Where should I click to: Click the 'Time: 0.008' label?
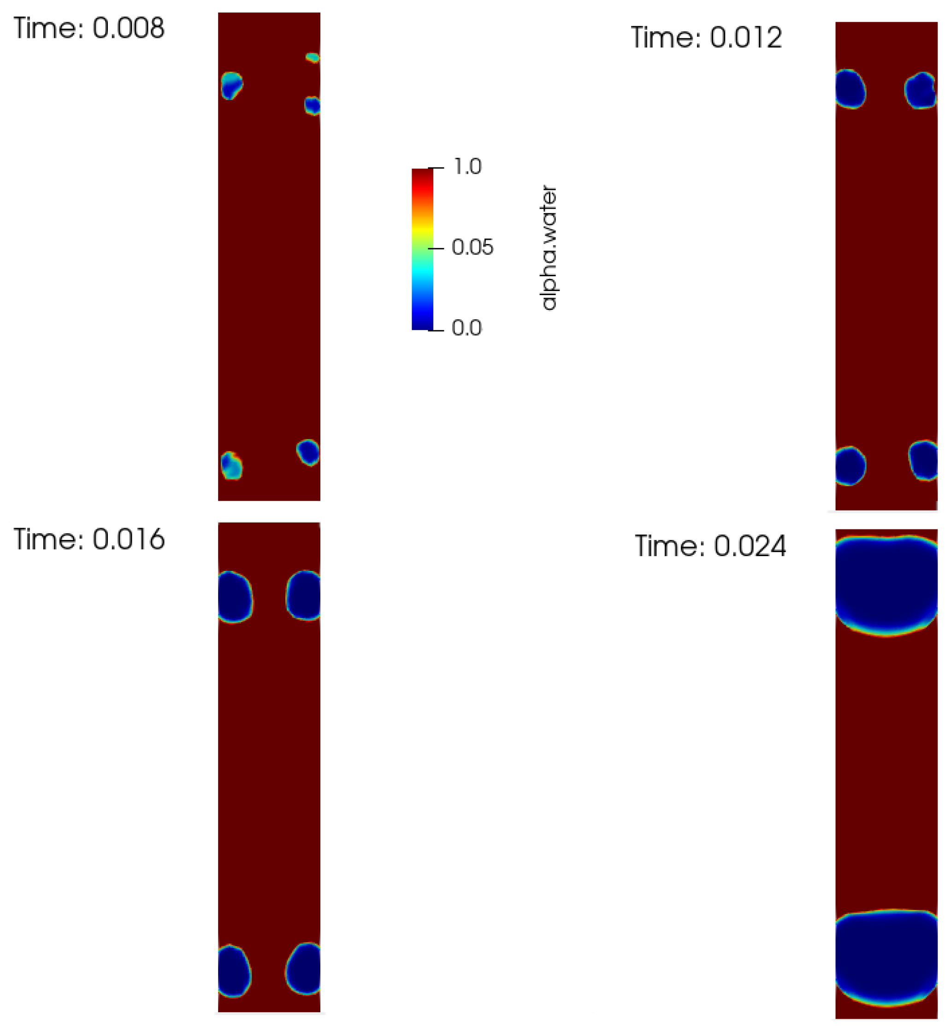(89, 28)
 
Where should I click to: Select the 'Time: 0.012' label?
(707, 38)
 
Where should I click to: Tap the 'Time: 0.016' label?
(89, 540)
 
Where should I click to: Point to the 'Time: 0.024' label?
(710, 546)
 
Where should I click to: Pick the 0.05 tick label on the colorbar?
(472, 248)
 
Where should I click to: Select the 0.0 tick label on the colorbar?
(467, 328)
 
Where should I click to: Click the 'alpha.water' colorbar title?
(549, 248)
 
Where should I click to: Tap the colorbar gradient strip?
(422, 249)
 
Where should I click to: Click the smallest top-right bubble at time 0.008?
(313, 57)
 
